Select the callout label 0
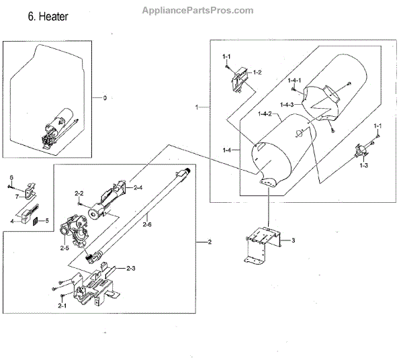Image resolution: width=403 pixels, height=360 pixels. tap(105, 98)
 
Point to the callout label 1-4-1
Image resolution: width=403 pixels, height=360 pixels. tap(295, 81)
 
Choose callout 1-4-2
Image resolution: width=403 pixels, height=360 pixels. tap(264, 114)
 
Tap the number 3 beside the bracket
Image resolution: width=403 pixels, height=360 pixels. tap(294, 240)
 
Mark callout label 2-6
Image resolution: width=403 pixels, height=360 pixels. tap(146, 226)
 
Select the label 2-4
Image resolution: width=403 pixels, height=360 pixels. tap(139, 187)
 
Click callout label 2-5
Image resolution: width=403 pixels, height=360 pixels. tap(64, 249)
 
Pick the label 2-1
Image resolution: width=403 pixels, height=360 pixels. tap(62, 306)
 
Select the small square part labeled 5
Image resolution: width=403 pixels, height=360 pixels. tap(38, 220)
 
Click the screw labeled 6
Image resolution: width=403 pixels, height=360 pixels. tap(11, 185)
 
